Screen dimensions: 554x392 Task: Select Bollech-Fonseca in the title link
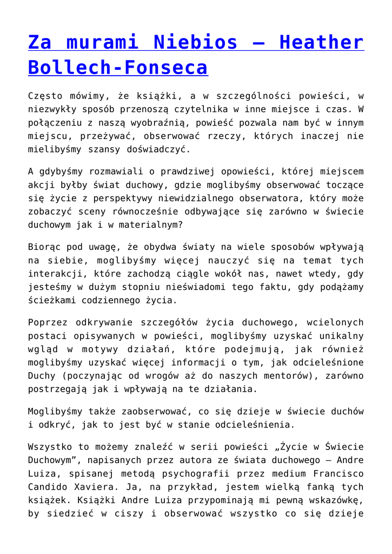pyautogui.click(x=118, y=67)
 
